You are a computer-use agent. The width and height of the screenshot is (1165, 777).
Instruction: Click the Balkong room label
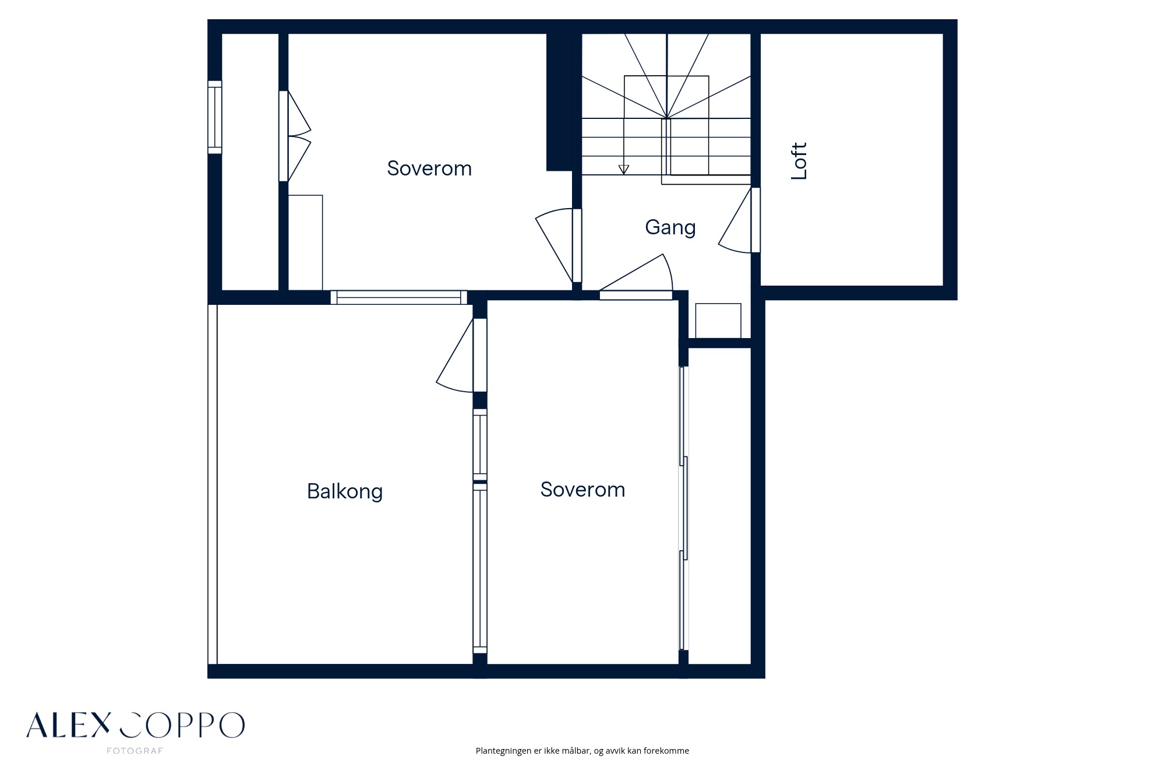tap(345, 491)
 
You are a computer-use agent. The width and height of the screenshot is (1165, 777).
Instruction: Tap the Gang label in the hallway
tap(670, 227)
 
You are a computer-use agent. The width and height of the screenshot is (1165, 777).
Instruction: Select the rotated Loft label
tap(799, 161)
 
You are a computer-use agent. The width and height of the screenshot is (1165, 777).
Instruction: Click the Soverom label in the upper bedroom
tap(429, 168)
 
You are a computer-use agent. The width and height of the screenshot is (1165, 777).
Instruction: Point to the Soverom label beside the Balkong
tap(582, 490)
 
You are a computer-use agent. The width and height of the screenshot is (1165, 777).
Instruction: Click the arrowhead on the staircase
tap(624, 170)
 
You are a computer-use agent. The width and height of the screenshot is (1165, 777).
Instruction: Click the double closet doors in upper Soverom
tap(294, 136)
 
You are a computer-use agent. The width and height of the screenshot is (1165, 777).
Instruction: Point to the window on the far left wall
tap(215, 117)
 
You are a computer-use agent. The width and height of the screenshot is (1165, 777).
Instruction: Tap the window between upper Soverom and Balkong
tap(399, 297)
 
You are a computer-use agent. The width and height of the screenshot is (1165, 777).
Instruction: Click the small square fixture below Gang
tap(718, 321)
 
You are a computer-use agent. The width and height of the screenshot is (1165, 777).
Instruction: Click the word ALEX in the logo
tap(68, 725)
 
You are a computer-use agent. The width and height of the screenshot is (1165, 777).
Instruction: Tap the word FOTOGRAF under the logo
tap(135, 751)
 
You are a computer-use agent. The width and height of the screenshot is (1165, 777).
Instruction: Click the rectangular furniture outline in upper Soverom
tap(306, 242)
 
